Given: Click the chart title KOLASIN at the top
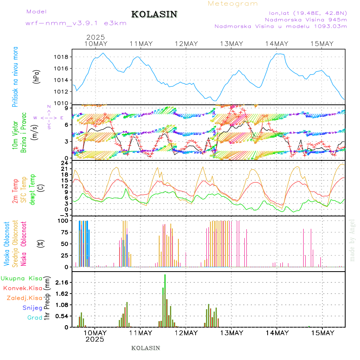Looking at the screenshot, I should pos(154,14).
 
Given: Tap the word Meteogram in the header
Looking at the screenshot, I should pos(233,4).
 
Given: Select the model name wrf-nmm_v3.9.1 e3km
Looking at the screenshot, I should pos(76,23).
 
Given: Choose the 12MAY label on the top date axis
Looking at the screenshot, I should pos(186,44).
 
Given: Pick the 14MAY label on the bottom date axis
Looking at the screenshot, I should pos(276,333).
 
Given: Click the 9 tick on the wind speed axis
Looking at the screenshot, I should pos(67,108).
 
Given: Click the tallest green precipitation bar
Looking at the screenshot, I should pos(165,300).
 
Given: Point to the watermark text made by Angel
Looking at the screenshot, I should pos(352,240).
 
